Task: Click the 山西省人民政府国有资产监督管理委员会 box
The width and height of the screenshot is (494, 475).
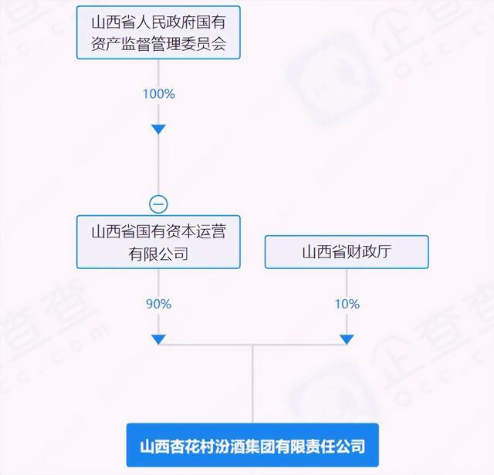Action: click(x=158, y=32)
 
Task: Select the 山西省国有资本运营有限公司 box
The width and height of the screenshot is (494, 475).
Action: click(x=158, y=242)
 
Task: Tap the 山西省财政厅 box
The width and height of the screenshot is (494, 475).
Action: click(x=347, y=252)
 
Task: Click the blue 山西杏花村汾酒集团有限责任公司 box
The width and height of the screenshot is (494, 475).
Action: click(x=252, y=446)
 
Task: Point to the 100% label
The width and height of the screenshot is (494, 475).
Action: click(x=158, y=94)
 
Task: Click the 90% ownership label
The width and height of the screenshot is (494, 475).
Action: click(x=158, y=304)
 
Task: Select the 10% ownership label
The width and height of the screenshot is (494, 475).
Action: click(x=347, y=304)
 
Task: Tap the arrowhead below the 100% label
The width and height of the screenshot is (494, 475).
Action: click(x=158, y=129)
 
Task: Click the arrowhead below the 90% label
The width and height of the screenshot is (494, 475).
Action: click(x=158, y=339)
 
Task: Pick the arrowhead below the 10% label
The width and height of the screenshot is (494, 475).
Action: click(x=347, y=339)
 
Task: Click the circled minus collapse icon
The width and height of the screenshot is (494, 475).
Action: click(x=158, y=204)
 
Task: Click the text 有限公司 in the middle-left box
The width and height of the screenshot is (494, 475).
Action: click(x=158, y=253)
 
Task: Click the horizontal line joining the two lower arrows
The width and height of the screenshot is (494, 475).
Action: click(x=252, y=346)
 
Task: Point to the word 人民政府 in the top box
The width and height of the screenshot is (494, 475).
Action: click(x=152, y=21)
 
